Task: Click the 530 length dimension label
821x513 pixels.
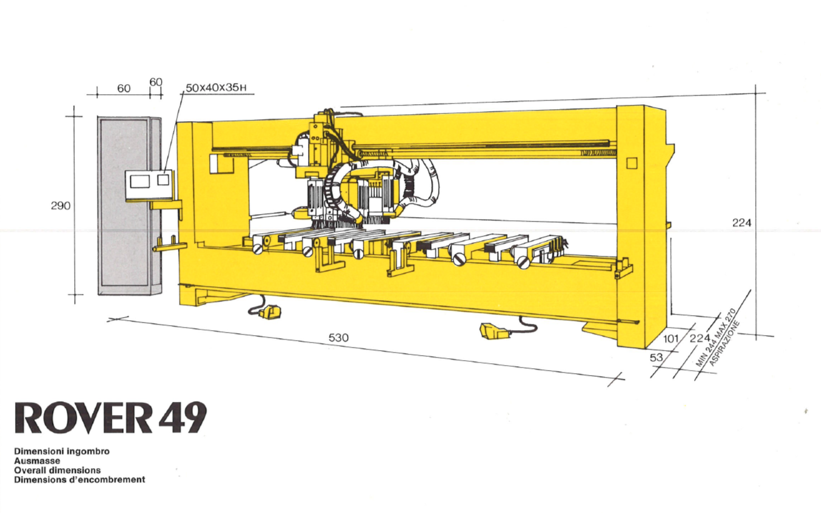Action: point(338,338)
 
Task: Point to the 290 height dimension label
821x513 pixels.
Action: point(61,206)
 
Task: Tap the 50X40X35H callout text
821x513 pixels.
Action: point(216,88)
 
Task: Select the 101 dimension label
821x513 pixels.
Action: point(670,339)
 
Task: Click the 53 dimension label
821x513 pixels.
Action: point(656,358)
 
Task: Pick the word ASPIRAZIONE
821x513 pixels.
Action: point(724,343)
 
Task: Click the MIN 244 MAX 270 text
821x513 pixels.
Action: point(715,338)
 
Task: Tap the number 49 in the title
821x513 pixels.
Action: point(182,418)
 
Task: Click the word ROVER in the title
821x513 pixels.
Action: point(83,418)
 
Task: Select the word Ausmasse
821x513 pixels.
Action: point(37,461)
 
